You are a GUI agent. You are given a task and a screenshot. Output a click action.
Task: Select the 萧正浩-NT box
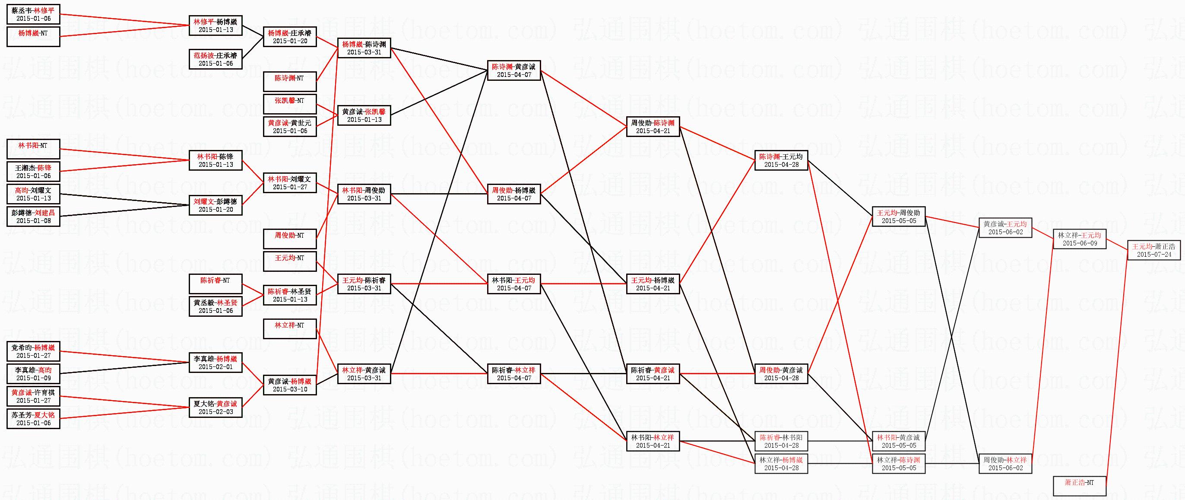[x=1079, y=486]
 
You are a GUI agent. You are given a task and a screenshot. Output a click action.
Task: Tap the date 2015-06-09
[x=1079, y=243]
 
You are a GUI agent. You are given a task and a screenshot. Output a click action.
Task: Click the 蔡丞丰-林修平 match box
[x=33, y=14]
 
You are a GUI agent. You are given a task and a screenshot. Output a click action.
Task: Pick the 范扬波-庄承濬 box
[x=215, y=59]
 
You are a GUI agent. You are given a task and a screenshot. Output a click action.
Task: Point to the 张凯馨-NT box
[x=290, y=105]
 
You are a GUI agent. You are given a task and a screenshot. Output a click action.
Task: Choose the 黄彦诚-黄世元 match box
[x=290, y=127]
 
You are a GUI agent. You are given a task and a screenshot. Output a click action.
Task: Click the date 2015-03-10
[x=290, y=389]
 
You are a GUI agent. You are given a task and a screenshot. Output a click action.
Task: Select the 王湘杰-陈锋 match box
[x=33, y=172]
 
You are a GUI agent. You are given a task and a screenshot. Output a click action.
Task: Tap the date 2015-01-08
[x=33, y=220]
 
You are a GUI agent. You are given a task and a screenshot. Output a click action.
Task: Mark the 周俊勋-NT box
[x=290, y=239]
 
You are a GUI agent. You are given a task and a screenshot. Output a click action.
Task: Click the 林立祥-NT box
[x=290, y=329]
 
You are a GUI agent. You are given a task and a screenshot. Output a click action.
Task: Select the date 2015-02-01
[x=215, y=367]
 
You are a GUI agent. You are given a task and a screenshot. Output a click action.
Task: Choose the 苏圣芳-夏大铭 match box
[x=33, y=418]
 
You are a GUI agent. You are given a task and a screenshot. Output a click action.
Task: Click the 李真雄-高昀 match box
[x=33, y=374]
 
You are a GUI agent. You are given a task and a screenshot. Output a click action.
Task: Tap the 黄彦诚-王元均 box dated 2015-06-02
[x=1004, y=228]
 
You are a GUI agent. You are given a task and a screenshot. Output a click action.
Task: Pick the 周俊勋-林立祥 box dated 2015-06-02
[x=1004, y=464]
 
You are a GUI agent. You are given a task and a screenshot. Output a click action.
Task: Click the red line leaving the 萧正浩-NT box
[x=1115, y=373]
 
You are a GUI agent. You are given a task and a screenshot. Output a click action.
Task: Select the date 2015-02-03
[x=215, y=411]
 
